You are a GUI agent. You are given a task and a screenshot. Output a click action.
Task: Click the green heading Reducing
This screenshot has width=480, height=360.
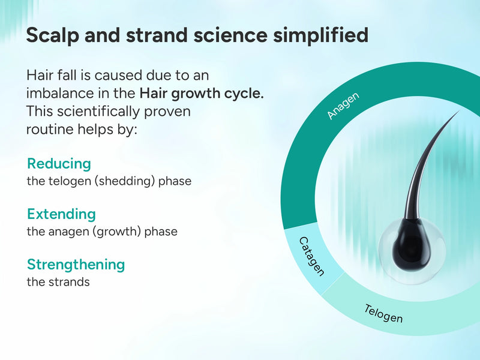pyautogui.click(x=59, y=164)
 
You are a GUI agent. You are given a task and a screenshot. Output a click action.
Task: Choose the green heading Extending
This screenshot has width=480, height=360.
pyautogui.click(x=61, y=214)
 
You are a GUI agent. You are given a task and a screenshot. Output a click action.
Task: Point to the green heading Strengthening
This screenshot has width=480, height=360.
pyautogui.click(x=76, y=265)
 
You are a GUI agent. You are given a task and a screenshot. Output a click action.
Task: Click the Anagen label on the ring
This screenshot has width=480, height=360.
pyautogui.click(x=343, y=106)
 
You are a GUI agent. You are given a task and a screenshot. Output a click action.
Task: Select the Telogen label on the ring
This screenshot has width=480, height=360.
pyautogui.click(x=383, y=313)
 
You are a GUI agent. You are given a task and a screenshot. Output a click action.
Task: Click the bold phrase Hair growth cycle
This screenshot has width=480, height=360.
pyautogui.click(x=202, y=94)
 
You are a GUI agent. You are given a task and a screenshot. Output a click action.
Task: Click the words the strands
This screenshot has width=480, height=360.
pyautogui.click(x=58, y=281)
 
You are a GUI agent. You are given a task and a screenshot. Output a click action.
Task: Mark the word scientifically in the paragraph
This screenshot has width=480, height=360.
pyautogui.click(x=94, y=112)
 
